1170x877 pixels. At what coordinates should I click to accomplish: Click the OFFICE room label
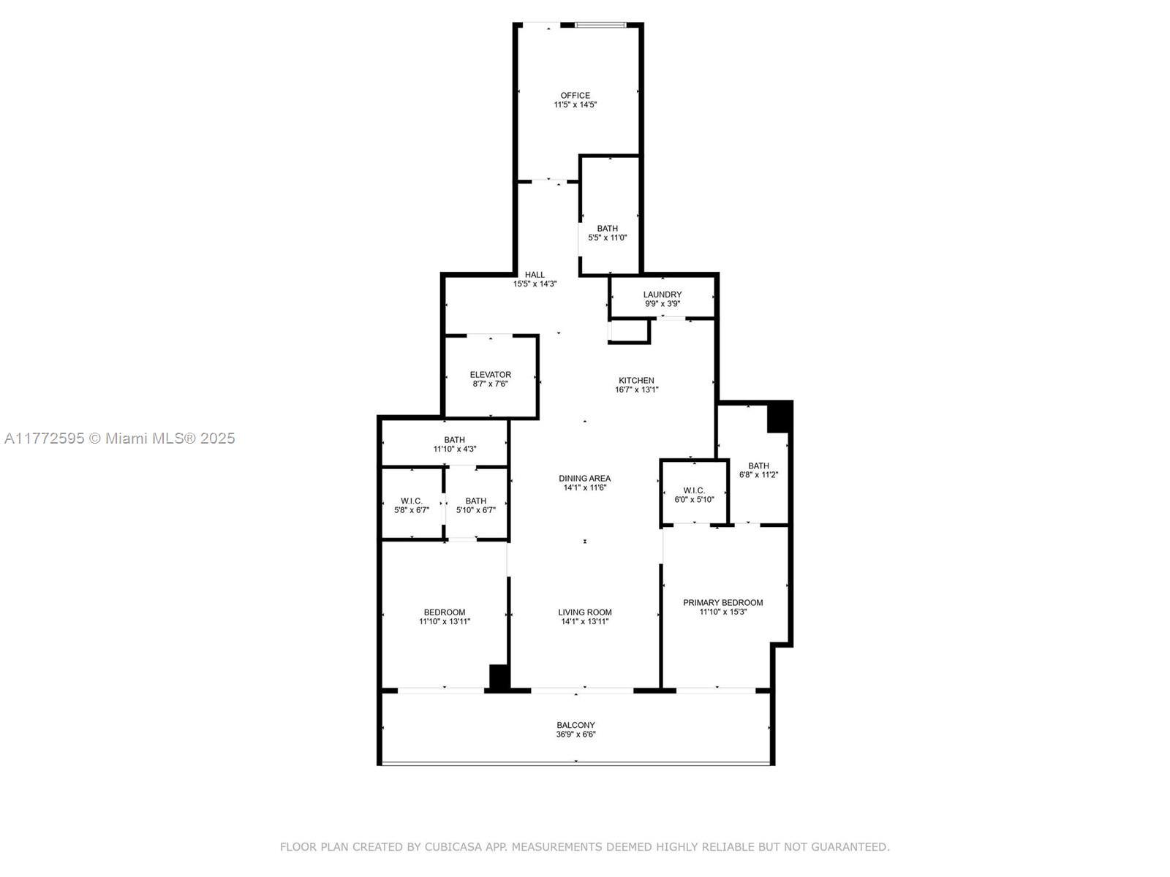575,96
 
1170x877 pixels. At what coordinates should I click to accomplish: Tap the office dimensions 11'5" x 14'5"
575,105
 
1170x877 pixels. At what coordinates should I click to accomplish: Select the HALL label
535,275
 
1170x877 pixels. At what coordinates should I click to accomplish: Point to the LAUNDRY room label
662,295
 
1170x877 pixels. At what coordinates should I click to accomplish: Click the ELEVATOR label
491,375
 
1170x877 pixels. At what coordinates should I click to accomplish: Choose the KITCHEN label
636,381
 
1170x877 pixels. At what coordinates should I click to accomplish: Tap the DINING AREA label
585,479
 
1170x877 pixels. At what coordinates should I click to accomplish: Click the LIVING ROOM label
585,612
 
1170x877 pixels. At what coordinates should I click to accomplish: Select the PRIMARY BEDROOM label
722,603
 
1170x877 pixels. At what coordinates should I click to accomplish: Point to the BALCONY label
575,725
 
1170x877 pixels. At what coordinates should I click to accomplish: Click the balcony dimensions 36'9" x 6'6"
575,734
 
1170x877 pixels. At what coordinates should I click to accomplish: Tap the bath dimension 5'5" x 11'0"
607,238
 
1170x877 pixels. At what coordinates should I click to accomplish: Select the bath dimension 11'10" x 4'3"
455,449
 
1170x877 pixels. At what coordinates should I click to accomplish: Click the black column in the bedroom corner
499,678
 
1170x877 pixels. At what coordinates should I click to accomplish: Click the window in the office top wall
600,25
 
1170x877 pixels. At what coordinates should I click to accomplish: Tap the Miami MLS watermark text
119,438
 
